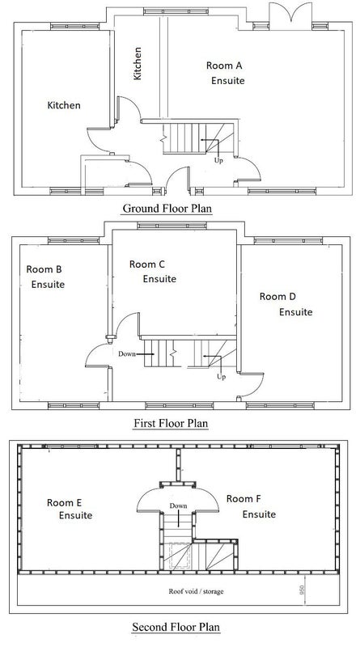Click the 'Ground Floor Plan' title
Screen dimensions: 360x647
(167, 209)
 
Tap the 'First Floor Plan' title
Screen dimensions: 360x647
(171, 423)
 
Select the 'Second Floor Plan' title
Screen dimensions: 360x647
(176, 628)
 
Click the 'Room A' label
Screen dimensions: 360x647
(224, 66)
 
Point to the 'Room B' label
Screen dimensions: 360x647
(44, 269)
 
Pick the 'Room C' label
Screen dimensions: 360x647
(146, 264)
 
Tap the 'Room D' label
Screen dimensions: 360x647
(277, 296)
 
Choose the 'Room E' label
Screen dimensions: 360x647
(64, 502)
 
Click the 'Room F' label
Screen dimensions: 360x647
(244, 499)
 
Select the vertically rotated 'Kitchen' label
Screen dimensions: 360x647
(138, 63)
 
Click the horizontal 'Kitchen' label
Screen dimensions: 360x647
(64, 105)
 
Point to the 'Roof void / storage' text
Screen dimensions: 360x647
(196, 591)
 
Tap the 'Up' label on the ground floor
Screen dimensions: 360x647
(218, 160)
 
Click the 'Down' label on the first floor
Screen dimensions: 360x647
(127, 353)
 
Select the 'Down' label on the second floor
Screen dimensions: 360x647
(178, 505)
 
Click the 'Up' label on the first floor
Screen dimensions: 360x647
(222, 377)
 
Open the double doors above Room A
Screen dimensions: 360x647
(290, 15)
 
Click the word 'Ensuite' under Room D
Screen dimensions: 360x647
(295, 312)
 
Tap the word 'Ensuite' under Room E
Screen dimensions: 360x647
(75, 515)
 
